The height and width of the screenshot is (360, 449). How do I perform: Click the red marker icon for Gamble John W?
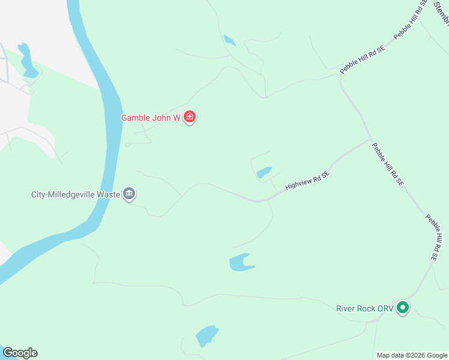pos(190,117)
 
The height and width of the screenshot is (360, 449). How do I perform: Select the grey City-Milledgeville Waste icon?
pos(129,194)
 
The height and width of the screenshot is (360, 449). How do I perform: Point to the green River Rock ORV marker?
pos(403,308)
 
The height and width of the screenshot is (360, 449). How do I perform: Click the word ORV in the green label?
pos(384,309)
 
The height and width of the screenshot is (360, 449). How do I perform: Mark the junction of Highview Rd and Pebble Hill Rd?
pos(370,139)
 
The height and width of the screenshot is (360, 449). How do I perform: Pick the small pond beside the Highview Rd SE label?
pos(264,173)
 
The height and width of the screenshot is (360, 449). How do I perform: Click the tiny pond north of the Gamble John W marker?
pos(229,41)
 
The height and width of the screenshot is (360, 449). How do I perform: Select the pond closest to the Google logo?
pos(206,335)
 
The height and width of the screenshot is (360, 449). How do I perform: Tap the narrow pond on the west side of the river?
pos(26,60)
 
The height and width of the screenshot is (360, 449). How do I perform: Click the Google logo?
pos(20,353)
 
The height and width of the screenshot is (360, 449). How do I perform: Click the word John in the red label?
pos(163,118)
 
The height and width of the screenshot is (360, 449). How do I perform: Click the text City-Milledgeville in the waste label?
pos(61,194)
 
